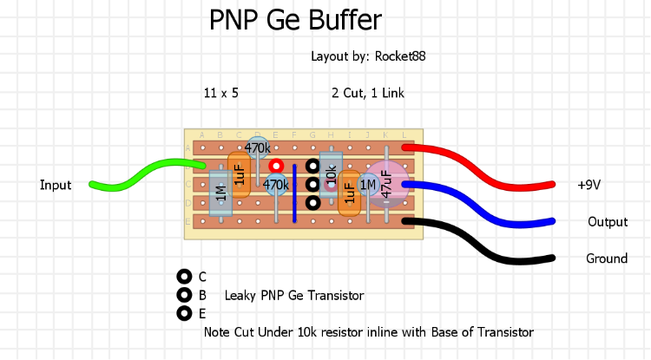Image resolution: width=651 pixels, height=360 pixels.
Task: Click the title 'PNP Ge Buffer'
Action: [x=295, y=21]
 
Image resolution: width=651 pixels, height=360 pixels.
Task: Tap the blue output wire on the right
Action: [x=486, y=204]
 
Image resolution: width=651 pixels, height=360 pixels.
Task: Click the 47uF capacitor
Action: [x=387, y=183]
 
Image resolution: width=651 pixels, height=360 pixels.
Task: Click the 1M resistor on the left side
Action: [x=220, y=193]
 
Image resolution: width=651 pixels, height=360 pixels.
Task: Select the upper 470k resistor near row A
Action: [x=257, y=148]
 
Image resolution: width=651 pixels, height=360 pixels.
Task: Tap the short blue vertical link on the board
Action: [x=294, y=193]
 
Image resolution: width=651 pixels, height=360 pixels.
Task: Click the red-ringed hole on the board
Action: [x=276, y=165]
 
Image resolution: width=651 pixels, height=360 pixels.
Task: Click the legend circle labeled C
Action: [x=184, y=277]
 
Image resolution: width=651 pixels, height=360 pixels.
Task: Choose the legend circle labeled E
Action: [x=184, y=313]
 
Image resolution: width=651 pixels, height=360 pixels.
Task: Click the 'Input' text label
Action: [x=56, y=185]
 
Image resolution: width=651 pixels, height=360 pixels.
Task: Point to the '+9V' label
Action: [x=590, y=185]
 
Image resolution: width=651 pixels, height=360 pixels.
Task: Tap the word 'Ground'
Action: [x=607, y=259]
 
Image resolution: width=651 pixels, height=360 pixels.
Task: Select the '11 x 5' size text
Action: [x=220, y=93]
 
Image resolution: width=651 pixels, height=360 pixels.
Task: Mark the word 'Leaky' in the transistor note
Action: [x=240, y=296]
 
